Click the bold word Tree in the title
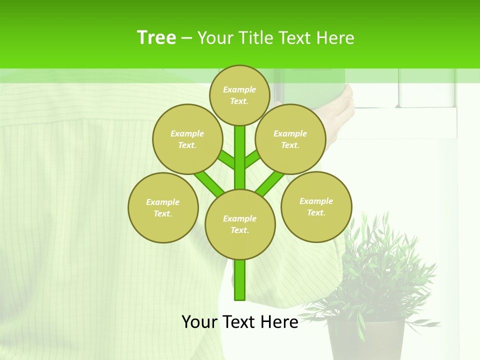pyautogui.click(x=156, y=37)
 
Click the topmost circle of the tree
pyautogui.click(x=240, y=95)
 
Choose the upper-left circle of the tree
pyautogui.click(x=187, y=139)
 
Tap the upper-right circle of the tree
pyautogui.click(x=290, y=139)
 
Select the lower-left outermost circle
pyautogui.click(x=163, y=207)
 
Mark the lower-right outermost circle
pyautogui.click(x=316, y=206)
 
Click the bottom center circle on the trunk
pyautogui.click(x=240, y=224)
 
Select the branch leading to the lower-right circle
pyautogui.click(x=270, y=183)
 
